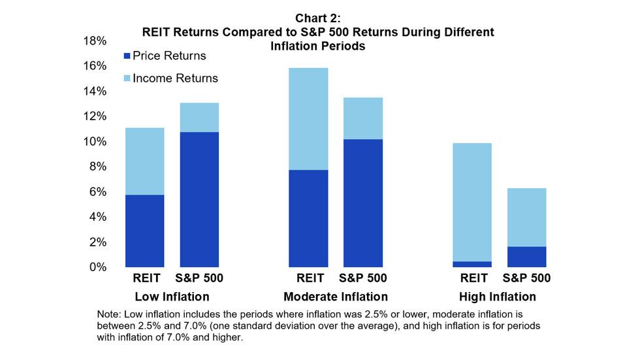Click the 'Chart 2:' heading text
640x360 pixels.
click(x=319, y=19)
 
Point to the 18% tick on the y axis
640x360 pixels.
click(x=93, y=41)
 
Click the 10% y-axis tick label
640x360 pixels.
click(x=93, y=142)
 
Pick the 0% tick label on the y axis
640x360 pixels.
click(x=97, y=267)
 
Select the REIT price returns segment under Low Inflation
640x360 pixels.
click(x=144, y=231)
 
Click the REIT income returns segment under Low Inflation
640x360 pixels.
click(x=144, y=161)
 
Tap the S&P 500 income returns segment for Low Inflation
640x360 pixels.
click(x=199, y=117)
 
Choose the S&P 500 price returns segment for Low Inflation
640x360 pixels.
click(x=199, y=199)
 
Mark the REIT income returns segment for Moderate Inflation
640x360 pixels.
click(x=308, y=118)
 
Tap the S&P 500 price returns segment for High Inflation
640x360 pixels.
click(x=526, y=257)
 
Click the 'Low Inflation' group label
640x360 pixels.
click(x=172, y=297)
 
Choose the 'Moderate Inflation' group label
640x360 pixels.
click(x=336, y=297)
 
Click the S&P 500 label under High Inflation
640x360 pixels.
click(x=526, y=278)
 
